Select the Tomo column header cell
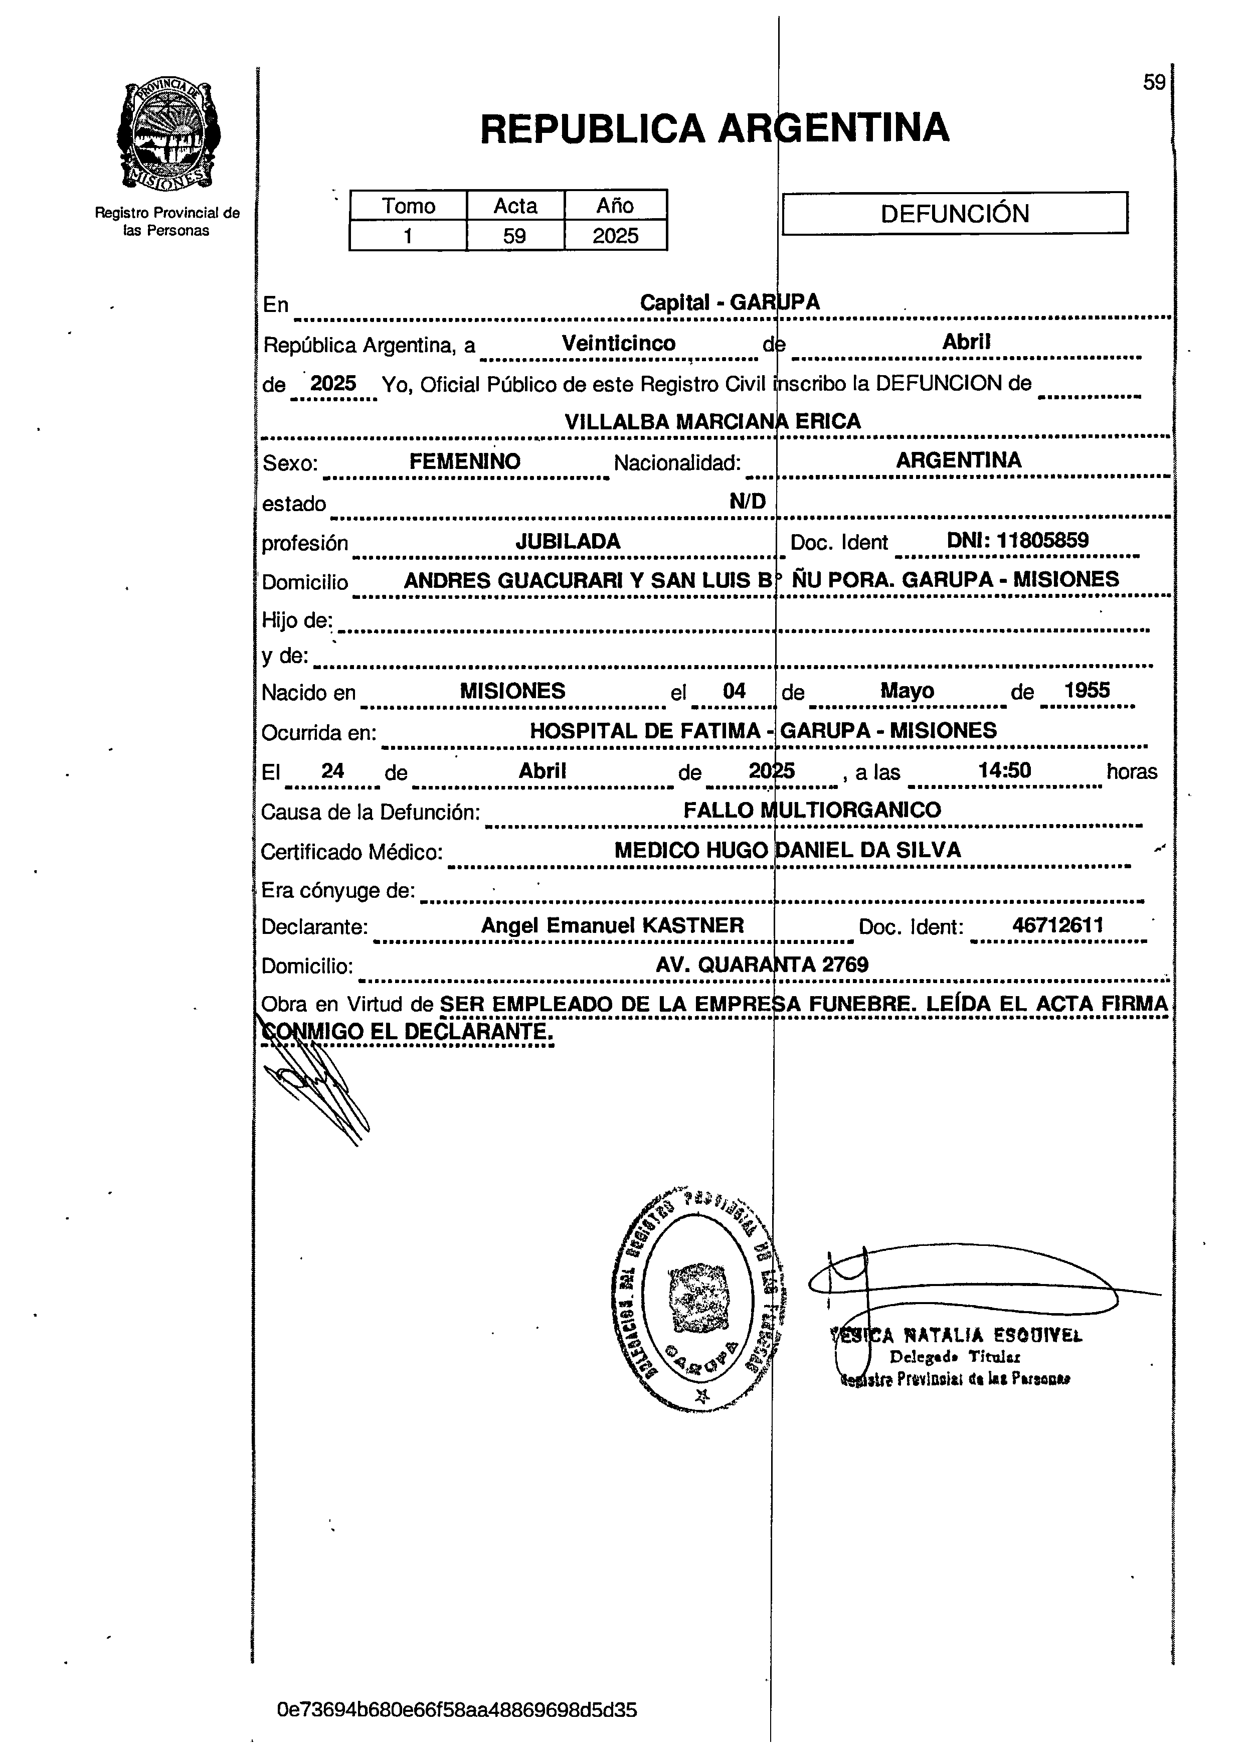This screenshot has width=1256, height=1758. (x=408, y=206)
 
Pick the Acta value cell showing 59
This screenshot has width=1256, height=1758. (x=514, y=236)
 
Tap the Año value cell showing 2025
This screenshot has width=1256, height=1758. (x=616, y=236)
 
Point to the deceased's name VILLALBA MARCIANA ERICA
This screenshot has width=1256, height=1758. (x=712, y=421)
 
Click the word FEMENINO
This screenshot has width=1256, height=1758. (x=465, y=462)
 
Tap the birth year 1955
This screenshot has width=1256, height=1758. (x=1087, y=691)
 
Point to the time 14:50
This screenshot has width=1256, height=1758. (x=1004, y=770)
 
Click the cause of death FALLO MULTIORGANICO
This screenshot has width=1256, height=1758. (x=812, y=810)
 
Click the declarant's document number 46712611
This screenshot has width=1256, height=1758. (x=1057, y=925)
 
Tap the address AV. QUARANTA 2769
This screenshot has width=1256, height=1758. (x=762, y=965)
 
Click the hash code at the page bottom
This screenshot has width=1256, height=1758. (x=456, y=1709)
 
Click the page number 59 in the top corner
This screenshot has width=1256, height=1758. (x=1153, y=82)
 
